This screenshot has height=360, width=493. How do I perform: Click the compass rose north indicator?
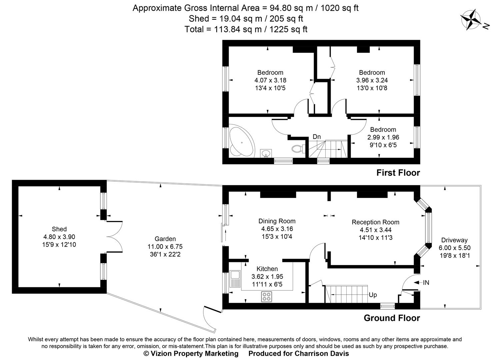click(471, 20)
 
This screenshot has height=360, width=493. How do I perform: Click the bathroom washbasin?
click(266, 153)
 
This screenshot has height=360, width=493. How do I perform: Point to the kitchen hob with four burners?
click(267, 296)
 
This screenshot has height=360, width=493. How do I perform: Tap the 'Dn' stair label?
click(316, 137)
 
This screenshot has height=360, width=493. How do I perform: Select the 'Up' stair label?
click(373, 295)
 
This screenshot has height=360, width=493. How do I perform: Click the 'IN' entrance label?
click(426, 283)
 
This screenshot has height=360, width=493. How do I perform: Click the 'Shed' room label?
click(59, 229)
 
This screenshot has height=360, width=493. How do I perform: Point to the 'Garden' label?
click(165, 239)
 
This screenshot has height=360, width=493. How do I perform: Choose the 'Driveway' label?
click(454, 240)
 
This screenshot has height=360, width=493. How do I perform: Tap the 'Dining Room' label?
click(277, 221)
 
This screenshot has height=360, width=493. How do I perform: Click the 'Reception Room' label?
click(375, 222)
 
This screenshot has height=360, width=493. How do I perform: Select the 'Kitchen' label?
click(267, 269)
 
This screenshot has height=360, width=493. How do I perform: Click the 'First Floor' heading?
click(398, 173)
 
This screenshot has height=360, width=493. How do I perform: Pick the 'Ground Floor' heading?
click(392, 318)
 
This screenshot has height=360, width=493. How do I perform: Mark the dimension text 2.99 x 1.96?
click(383, 137)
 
